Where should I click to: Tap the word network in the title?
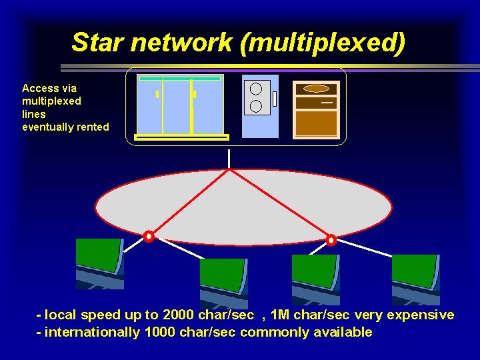183,42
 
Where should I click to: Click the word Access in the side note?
40,88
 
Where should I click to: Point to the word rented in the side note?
93,127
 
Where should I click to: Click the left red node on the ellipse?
149,236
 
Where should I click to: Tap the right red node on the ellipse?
331,239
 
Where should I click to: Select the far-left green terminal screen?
98,255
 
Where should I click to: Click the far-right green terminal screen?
415,271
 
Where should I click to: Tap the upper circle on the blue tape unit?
255,89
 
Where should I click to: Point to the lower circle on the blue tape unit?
255,105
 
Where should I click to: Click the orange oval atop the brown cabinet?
316,88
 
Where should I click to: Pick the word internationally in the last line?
92,332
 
